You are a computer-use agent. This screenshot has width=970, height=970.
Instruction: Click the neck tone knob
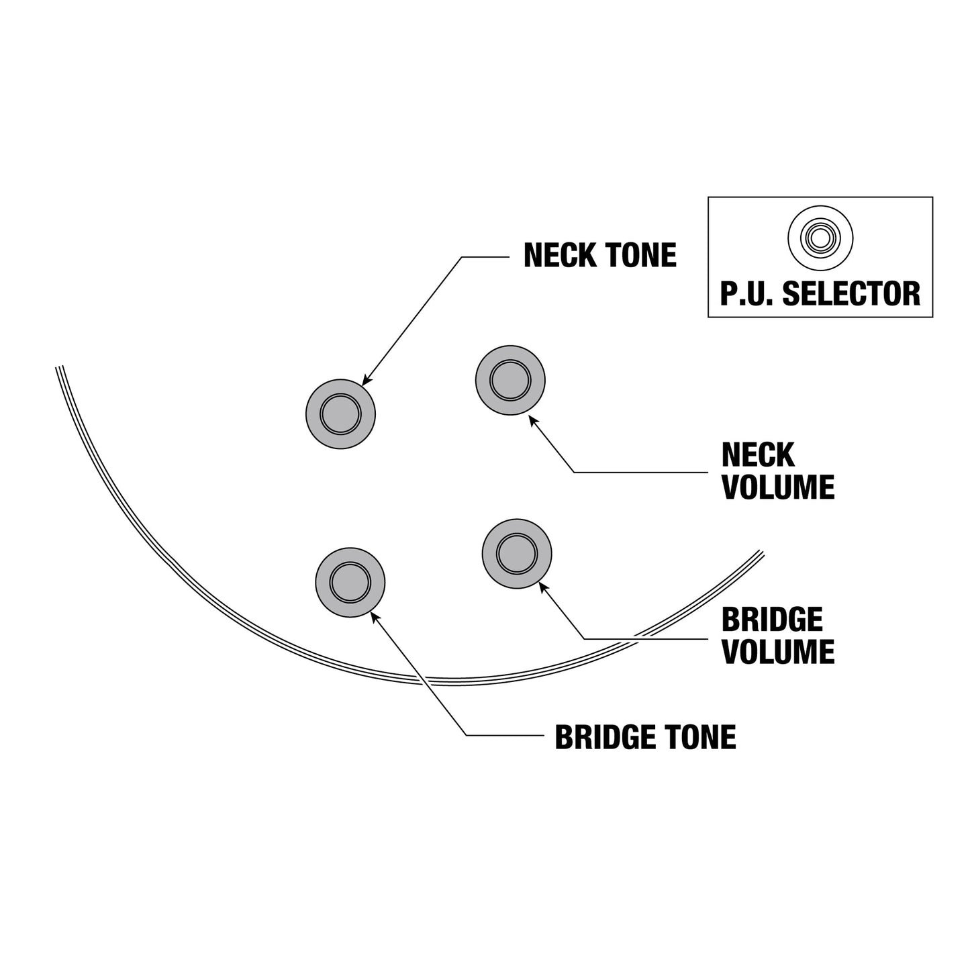point(341,414)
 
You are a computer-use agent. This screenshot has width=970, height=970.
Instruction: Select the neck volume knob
point(510,380)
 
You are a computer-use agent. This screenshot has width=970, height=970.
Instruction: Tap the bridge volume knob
point(517,554)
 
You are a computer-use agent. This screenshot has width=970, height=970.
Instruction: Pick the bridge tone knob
point(350,583)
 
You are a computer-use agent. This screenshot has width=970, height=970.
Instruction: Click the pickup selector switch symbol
point(820,238)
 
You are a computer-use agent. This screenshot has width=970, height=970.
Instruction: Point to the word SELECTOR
point(851,294)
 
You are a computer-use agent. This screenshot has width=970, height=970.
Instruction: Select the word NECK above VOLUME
point(758,455)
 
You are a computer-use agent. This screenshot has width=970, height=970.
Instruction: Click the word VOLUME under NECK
point(778,487)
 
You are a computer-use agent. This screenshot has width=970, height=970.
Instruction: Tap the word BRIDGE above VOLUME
point(772,620)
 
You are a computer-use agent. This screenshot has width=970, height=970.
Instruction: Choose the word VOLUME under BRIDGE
point(778,652)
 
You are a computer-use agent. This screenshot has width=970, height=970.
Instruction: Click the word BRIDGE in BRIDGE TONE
point(605,738)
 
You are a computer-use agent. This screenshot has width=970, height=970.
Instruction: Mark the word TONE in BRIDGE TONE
point(699,738)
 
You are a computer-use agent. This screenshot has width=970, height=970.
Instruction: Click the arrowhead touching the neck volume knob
point(532,420)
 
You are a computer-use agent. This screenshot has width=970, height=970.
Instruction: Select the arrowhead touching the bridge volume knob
point(544,587)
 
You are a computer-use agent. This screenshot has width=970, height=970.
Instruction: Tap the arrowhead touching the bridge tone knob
point(375,617)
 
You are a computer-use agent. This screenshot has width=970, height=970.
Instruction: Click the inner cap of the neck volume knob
point(510,380)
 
